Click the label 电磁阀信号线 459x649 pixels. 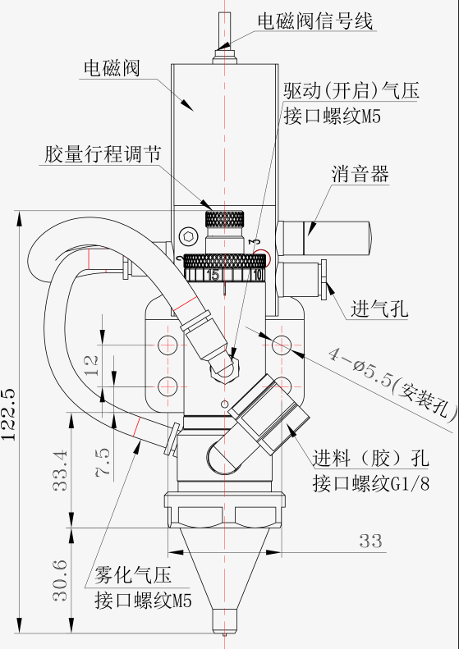pos(315,21)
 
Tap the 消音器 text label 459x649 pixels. pos(360,174)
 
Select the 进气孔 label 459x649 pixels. pos(379,309)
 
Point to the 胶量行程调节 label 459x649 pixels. pos(103,155)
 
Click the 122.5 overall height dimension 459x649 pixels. pos(9,414)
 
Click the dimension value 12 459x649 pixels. pos(94,365)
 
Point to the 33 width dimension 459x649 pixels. pos(371,541)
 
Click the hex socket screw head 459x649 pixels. pos(187,237)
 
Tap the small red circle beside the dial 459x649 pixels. pos(262,258)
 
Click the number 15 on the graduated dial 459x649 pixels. pos(213,275)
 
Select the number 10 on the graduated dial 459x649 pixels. pos(258,275)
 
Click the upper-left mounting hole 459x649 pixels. pos(168,344)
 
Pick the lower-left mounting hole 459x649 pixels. pos(168,386)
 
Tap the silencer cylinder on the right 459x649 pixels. pos(324,239)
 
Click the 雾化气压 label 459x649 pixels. pos(133,575)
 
